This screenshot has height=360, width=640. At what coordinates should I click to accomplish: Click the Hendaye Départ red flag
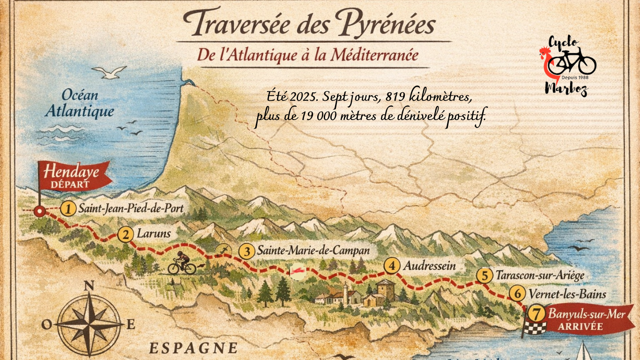(75, 176)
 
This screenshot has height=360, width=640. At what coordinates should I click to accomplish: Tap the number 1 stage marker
(69, 209)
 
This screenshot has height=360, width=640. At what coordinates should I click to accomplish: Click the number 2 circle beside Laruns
(125, 234)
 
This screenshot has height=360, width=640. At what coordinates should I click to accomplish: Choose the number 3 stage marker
(246, 251)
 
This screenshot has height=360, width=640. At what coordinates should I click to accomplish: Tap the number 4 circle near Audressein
(392, 266)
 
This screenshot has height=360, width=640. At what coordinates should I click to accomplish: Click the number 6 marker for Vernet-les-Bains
(517, 294)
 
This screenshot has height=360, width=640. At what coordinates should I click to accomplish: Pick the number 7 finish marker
(536, 314)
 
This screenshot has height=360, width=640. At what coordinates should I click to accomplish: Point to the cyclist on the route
(182, 263)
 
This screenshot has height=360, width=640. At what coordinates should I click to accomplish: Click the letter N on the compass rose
(89, 285)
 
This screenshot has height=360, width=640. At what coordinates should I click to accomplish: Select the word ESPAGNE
(193, 348)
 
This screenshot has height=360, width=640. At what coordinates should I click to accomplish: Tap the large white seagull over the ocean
(109, 72)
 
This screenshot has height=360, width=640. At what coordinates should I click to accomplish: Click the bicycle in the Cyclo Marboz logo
(573, 62)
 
